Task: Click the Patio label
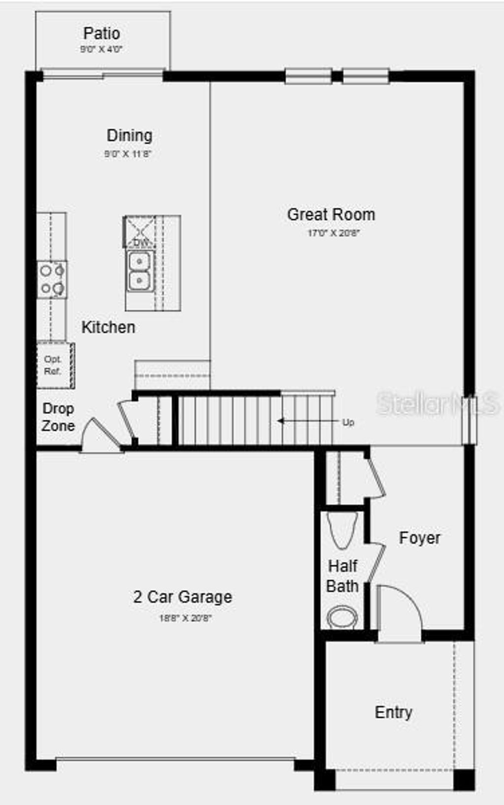coord(102,34)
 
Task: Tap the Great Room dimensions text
coord(333,233)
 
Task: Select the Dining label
coord(129,135)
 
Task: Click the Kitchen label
coord(108,327)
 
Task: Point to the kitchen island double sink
coord(140,271)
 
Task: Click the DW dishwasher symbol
coord(140,234)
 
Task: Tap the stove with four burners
coord(52,280)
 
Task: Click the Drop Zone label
coord(58,417)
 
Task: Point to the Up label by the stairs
coord(348,422)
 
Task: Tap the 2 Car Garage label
coord(183,597)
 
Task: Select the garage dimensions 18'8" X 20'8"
coord(185,618)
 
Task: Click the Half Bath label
coord(343,576)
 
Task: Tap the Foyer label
coord(419,538)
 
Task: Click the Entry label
coord(393,712)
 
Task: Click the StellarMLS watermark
coord(438,404)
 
